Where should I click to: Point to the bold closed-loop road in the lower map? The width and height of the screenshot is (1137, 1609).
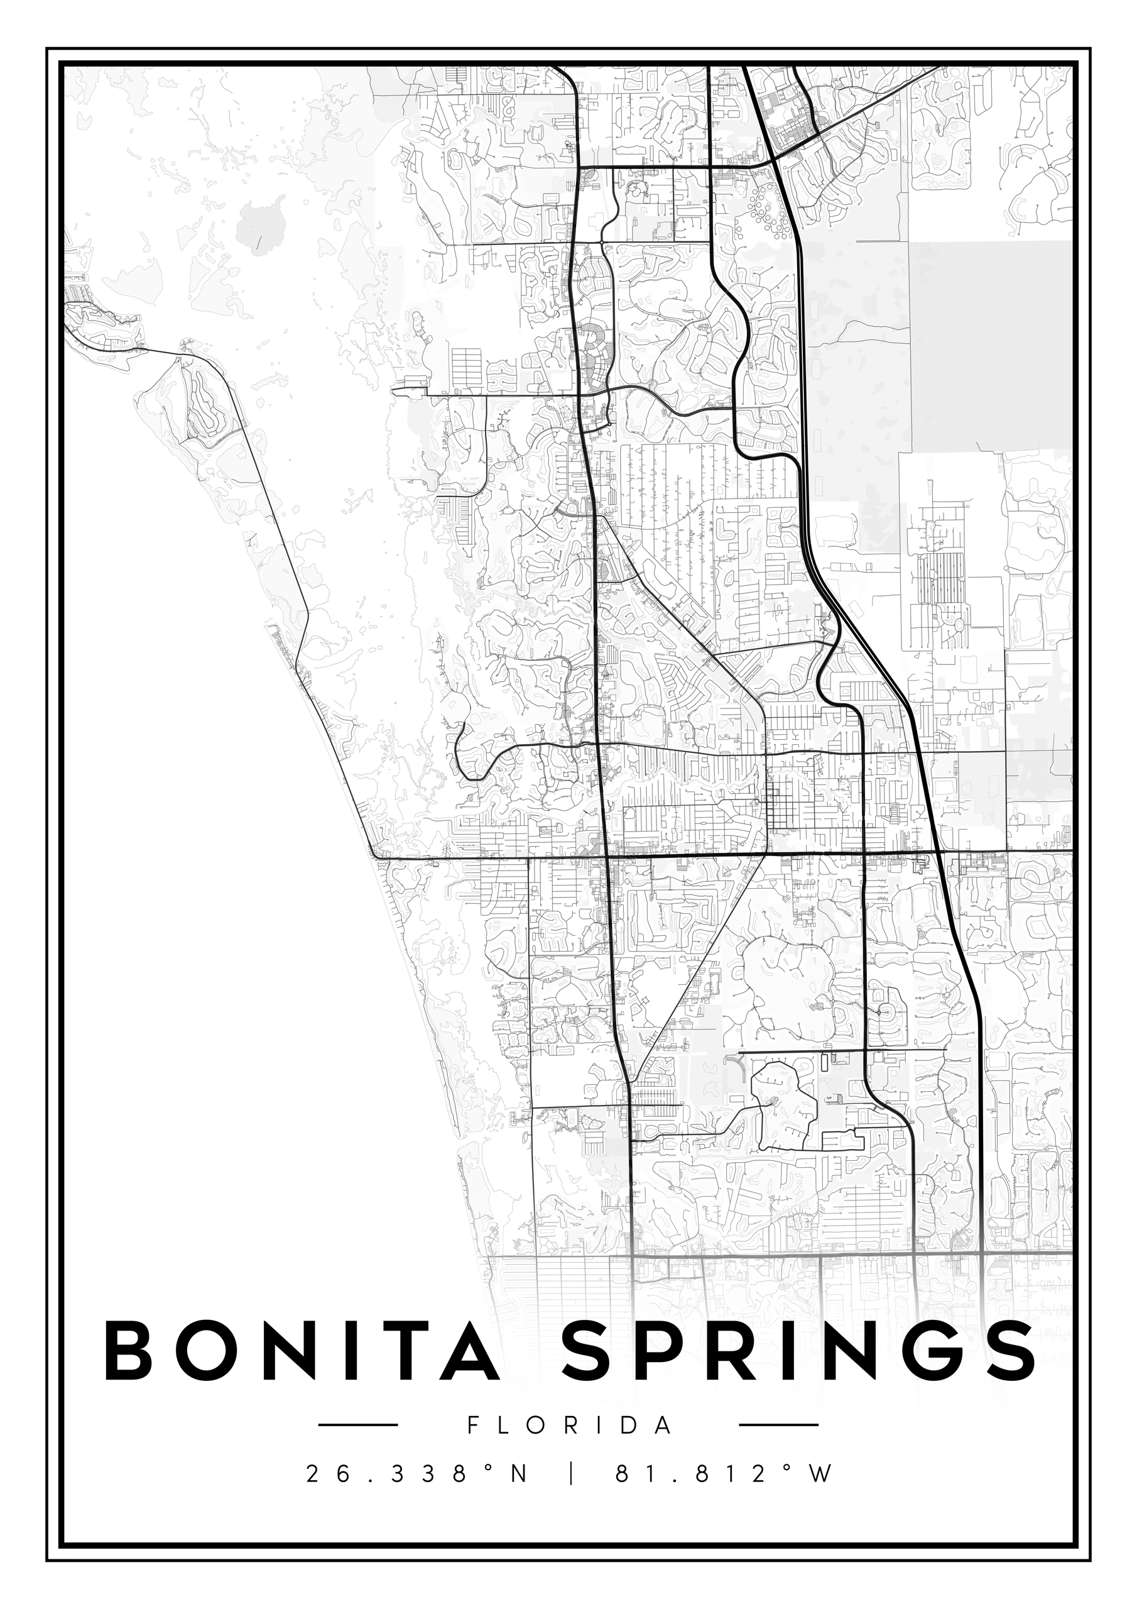point(783,1108)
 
